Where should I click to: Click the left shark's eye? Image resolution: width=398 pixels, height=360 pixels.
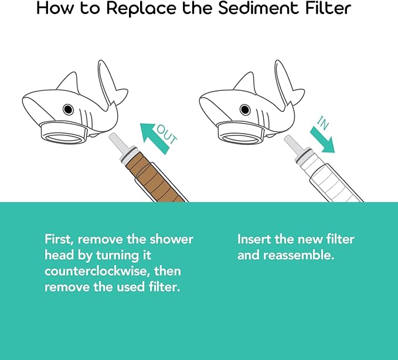pos(68,110)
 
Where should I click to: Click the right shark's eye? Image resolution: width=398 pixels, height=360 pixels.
pos(244,110)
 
